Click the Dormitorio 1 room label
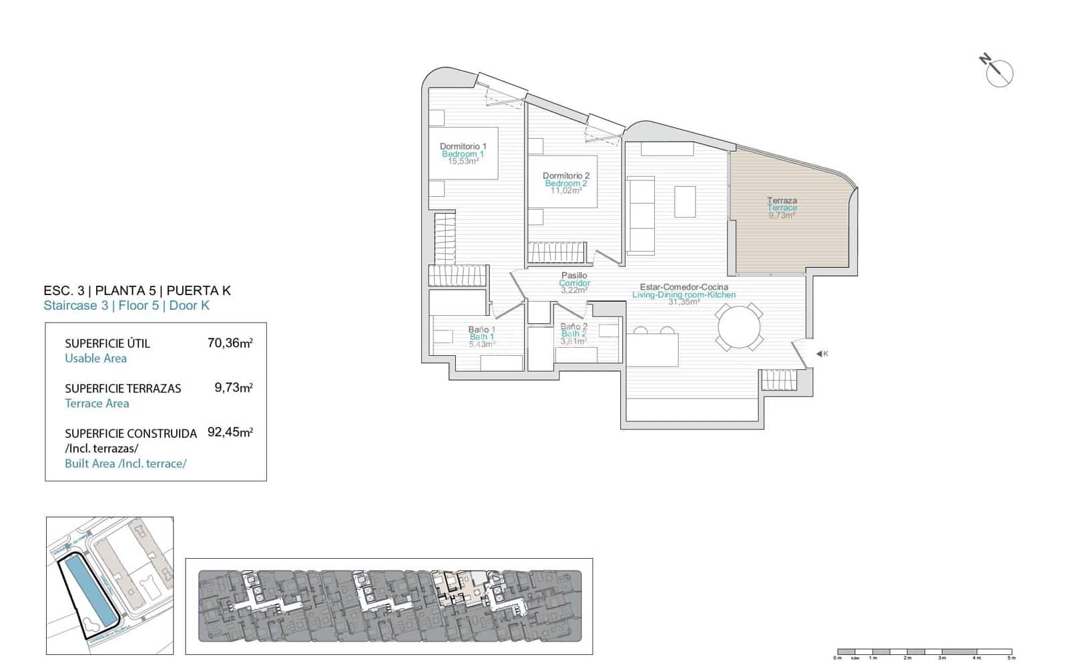pyautogui.click(x=463, y=146)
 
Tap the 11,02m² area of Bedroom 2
pyautogui.click(x=566, y=191)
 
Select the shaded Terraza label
pyautogui.click(x=782, y=200)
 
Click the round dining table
pyautogui.click(x=738, y=327)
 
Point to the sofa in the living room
pyautogui.click(x=641, y=215)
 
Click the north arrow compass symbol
pyautogui.click(x=999, y=72)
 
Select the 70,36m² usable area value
pyautogui.click(x=230, y=343)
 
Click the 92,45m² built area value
pyautogui.click(x=230, y=432)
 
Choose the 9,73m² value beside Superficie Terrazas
pyautogui.click(x=233, y=387)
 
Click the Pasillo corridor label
pyautogui.click(x=574, y=275)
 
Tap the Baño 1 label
pyautogui.click(x=481, y=330)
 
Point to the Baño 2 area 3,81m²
pyautogui.click(x=573, y=341)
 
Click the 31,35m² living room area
pyautogui.click(x=684, y=302)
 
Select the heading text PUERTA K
pyautogui.click(x=198, y=290)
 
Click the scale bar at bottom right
pyautogui.click(x=924, y=651)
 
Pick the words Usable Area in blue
pyautogui.click(x=95, y=359)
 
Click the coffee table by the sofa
pyautogui.click(x=684, y=202)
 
